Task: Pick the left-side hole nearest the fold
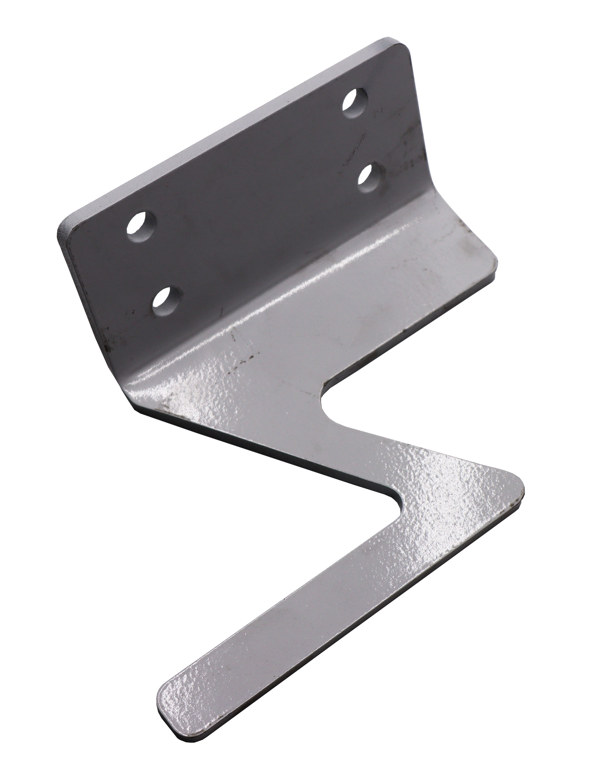(x=166, y=298)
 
